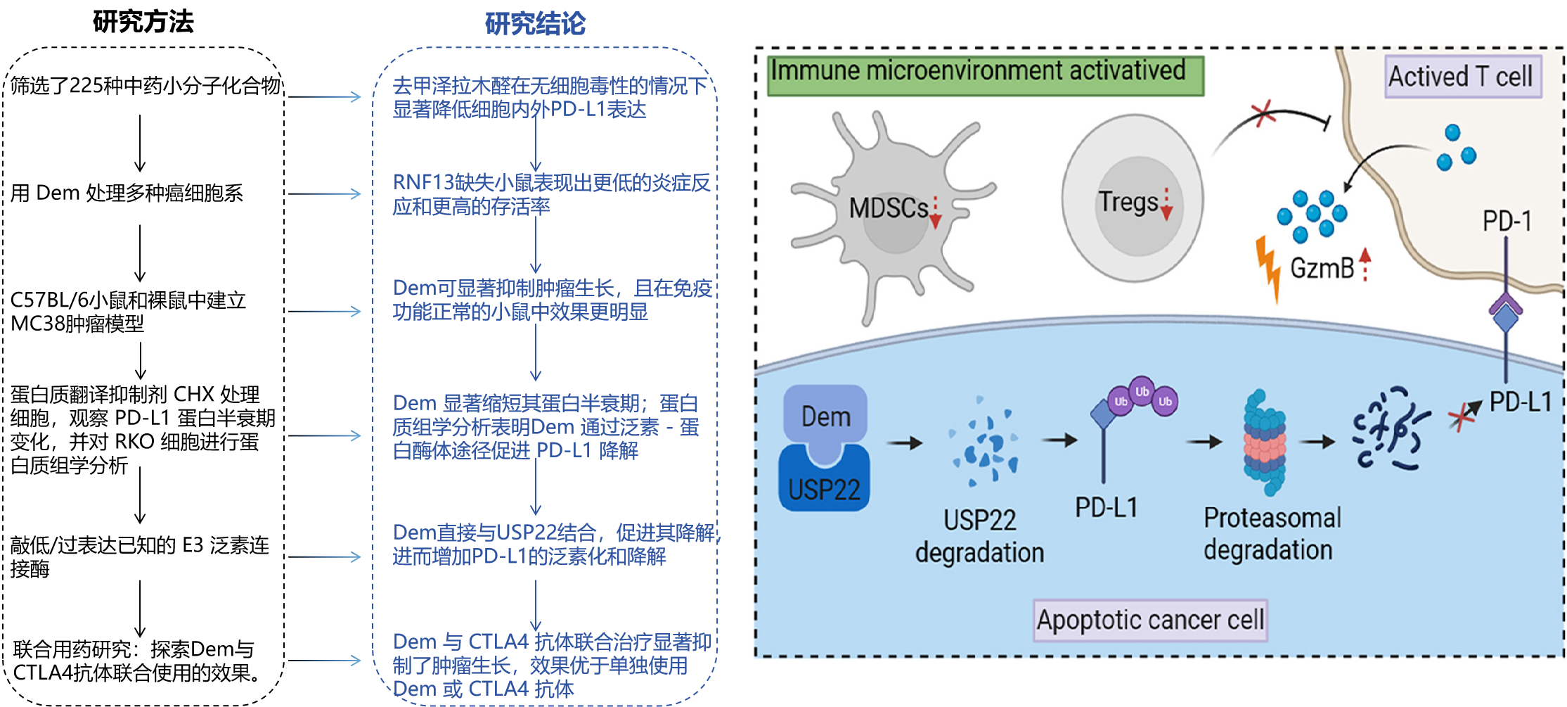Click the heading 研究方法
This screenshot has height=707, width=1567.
[x=143, y=21]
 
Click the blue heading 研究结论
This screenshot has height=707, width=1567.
[x=535, y=23]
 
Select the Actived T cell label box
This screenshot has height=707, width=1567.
[x=1462, y=76]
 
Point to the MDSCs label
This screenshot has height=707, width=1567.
[x=888, y=208]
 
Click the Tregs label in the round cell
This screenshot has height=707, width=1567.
[x=1128, y=203]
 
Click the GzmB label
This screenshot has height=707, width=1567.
[x=1322, y=268]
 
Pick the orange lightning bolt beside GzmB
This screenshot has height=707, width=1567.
[x=1268, y=267]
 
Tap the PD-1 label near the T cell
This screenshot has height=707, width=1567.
[x=1506, y=221]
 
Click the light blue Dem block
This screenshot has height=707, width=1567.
[x=826, y=415]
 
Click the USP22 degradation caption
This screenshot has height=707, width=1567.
[x=979, y=536]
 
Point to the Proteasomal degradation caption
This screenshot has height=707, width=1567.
[x=1271, y=533]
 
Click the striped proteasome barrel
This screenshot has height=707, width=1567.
[x=1265, y=443]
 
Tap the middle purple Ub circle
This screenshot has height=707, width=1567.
[x=1142, y=391]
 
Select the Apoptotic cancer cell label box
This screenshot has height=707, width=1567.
[x=1150, y=620]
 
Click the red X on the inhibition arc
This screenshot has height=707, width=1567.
[x=1263, y=113]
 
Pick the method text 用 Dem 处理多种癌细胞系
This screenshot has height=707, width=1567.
[x=127, y=193]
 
